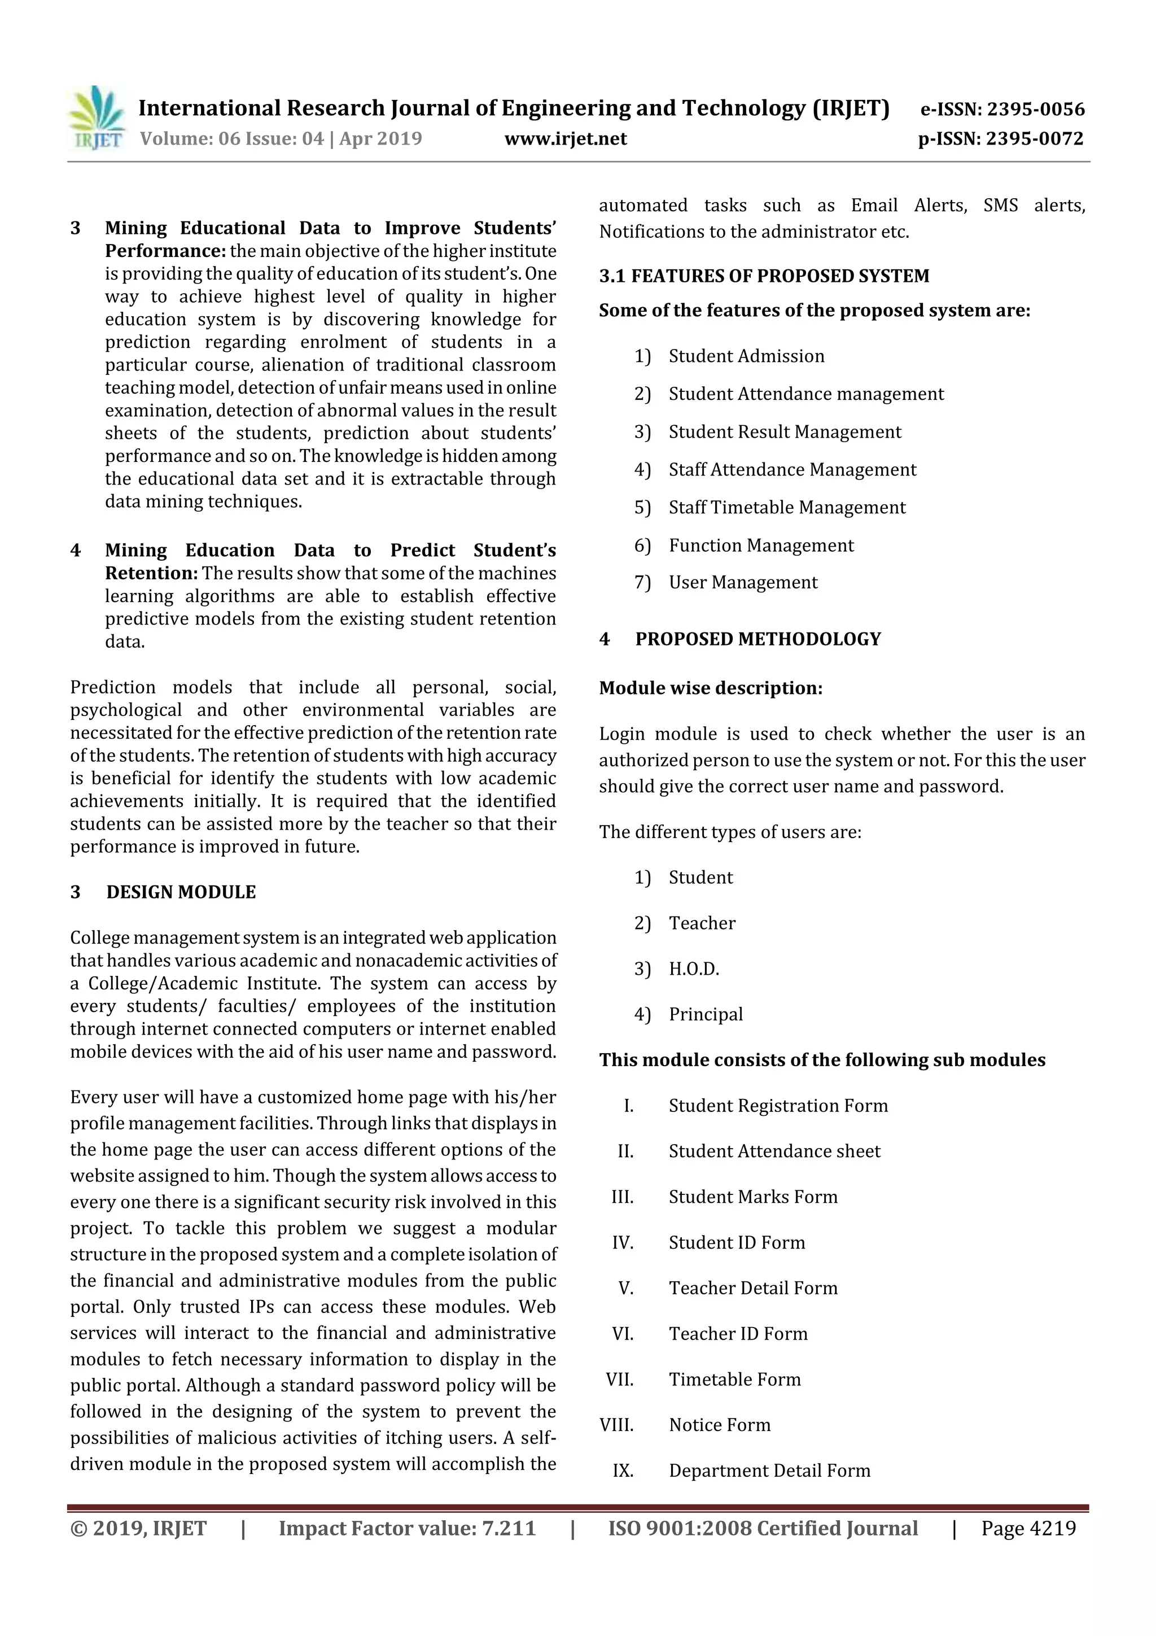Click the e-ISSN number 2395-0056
(1035, 109)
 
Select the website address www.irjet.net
(565, 138)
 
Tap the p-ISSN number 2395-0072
(1034, 138)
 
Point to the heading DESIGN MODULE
(181, 892)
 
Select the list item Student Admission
(746, 356)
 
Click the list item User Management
(743, 582)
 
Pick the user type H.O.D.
(694, 969)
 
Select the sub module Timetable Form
(734, 1380)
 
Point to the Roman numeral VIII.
(617, 1425)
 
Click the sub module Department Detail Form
(769, 1471)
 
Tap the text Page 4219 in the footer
(1028, 1528)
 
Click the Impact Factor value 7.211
(509, 1528)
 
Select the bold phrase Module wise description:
(710, 688)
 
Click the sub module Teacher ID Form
(738, 1334)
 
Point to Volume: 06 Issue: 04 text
(231, 138)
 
